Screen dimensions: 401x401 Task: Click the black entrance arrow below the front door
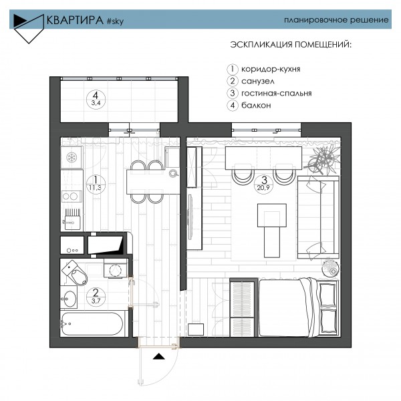(159, 356)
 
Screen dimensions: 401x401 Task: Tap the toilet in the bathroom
(74, 273)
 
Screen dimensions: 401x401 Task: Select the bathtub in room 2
(92, 323)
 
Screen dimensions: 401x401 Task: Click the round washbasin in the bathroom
(70, 299)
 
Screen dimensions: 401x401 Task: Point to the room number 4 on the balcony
(96, 96)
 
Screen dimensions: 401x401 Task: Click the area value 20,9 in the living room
(263, 187)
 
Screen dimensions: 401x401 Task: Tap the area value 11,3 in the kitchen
(95, 187)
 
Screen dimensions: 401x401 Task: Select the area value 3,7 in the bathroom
(96, 301)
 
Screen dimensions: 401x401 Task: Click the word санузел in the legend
(258, 82)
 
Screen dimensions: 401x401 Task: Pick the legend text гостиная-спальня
(277, 94)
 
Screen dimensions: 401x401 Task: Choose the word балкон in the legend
(256, 106)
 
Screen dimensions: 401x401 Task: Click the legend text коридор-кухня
(271, 69)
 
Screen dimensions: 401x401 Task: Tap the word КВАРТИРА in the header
(75, 20)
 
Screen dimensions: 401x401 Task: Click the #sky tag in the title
(115, 21)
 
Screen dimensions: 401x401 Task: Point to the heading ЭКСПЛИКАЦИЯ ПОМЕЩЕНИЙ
(291, 45)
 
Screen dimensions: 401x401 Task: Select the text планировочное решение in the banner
(336, 20)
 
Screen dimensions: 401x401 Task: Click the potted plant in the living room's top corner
(323, 159)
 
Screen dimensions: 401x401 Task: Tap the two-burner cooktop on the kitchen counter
(72, 196)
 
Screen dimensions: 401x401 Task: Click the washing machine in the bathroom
(116, 268)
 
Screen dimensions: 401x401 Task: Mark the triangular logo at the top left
(29, 28)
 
